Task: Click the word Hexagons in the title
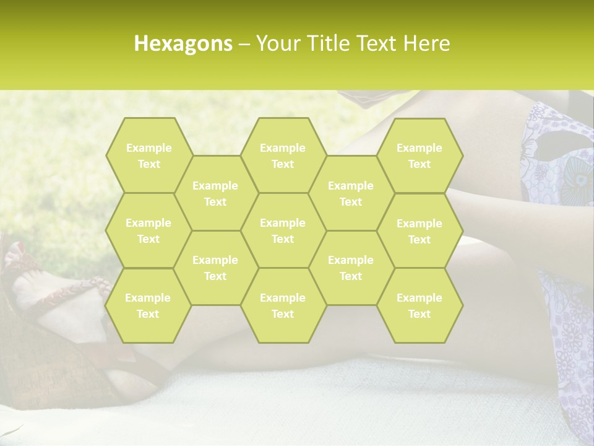coord(183,43)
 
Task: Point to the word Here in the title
coord(426,43)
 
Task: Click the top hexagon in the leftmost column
coord(148,155)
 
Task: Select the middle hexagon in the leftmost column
coord(148,230)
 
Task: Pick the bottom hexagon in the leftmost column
coord(148,305)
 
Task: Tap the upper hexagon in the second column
coord(215,193)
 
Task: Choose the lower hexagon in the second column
coord(215,268)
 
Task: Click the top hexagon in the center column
coord(283,155)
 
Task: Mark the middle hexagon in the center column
coord(283,230)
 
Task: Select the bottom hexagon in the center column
coord(283,305)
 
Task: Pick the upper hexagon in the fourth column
coord(351,193)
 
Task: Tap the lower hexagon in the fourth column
coord(351,268)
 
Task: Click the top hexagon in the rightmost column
coord(420,155)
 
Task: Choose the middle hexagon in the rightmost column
coord(420,231)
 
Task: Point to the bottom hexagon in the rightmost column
coord(420,305)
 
